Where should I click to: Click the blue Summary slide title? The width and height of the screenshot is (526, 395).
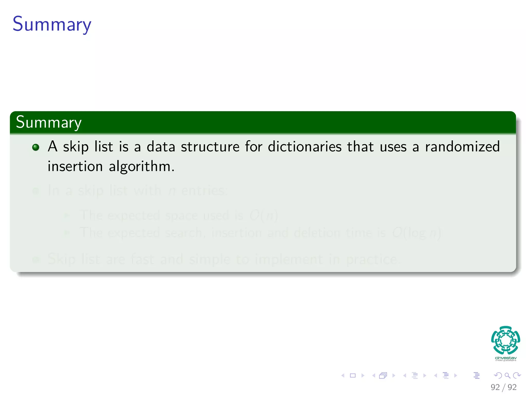52,24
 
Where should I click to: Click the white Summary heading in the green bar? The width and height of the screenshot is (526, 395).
49,122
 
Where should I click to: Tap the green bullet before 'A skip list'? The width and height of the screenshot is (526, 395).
36,147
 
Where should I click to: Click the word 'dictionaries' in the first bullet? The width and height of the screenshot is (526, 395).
305,147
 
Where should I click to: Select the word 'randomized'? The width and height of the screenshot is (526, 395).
462,147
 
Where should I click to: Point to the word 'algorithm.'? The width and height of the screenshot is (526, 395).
142,167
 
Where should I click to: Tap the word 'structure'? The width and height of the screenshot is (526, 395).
210,147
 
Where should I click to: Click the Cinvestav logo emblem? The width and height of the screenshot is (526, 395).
505,340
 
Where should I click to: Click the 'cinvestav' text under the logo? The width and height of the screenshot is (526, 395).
505,358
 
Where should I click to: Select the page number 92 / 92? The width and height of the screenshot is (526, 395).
503,387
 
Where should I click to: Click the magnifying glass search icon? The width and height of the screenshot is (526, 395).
507,375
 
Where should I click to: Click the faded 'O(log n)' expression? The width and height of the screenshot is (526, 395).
416,233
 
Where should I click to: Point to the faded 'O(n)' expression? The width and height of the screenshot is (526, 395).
264,216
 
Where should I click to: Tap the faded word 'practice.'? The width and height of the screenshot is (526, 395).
373,259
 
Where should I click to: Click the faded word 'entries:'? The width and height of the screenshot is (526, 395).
204,191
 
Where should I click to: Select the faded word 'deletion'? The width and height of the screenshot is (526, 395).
317,233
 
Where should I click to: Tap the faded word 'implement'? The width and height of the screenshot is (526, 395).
289,259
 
